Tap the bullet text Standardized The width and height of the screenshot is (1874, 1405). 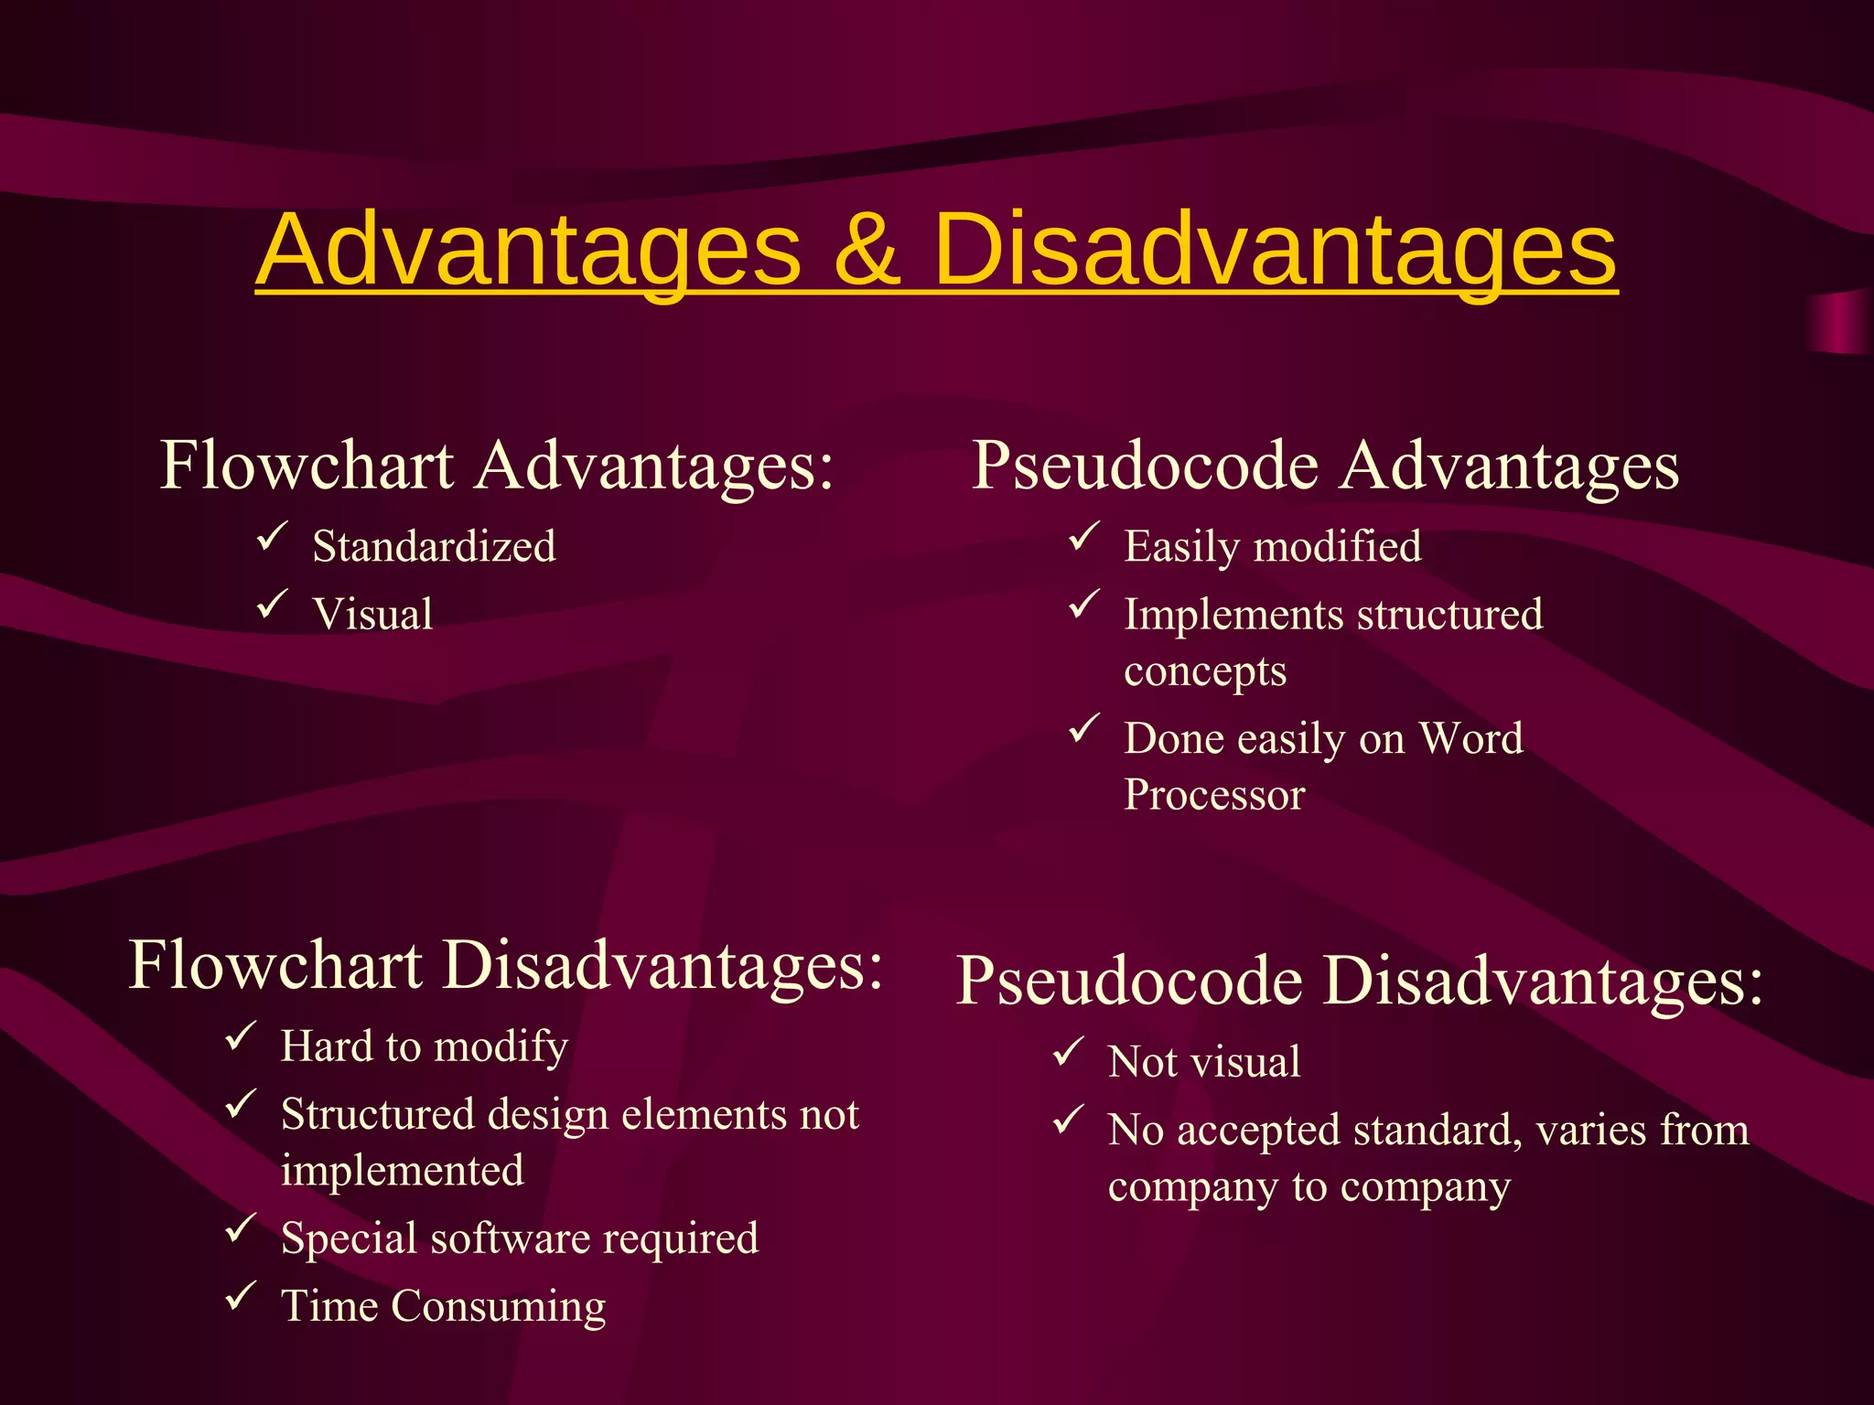[434, 547]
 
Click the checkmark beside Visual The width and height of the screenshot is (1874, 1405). [272, 605]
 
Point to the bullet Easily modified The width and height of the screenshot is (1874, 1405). [1272, 547]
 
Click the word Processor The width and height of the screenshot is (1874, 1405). [1214, 795]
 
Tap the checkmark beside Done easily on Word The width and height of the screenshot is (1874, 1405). [1083, 729]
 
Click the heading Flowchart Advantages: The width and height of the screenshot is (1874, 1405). [497, 466]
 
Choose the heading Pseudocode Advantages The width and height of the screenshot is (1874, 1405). [1325, 466]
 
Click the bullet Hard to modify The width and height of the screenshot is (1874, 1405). [424, 1046]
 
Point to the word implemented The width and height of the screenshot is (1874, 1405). [403, 1171]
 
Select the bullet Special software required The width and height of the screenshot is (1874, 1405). [520, 1239]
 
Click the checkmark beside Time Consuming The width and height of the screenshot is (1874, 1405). [240, 1296]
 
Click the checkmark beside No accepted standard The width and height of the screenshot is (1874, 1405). [1068, 1121]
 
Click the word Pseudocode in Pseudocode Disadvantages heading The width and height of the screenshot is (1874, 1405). [1130, 981]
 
